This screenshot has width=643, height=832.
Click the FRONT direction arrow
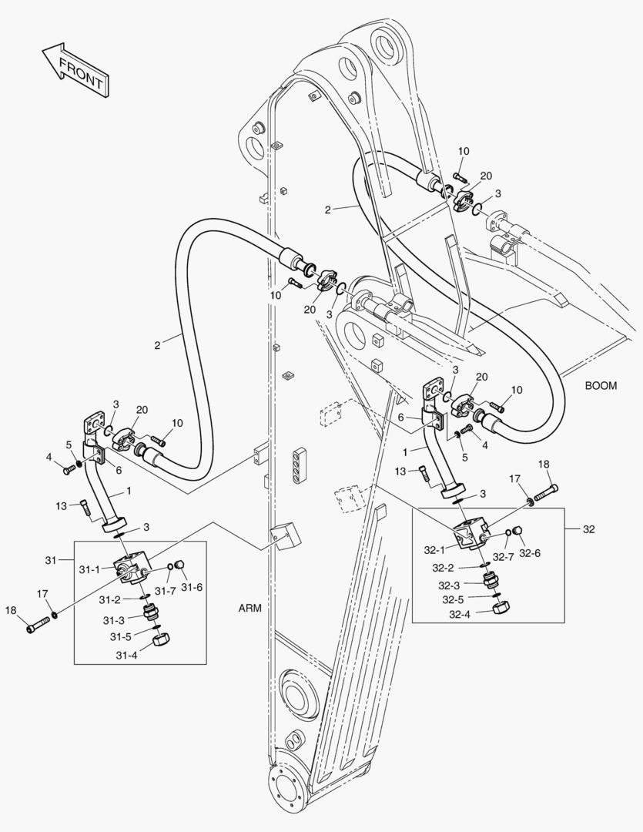[x=75, y=70]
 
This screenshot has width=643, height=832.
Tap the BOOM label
[x=601, y=386]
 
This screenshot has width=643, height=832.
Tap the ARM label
[x=250, y=608]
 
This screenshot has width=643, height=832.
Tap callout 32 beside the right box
[x=589, y=529]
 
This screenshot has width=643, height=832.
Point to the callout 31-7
[x=166, y=590]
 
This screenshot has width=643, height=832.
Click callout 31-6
[x=193, y=587]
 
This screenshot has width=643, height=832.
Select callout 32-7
[x=504, y=556]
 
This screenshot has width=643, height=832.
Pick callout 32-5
[x=452, y=599]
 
